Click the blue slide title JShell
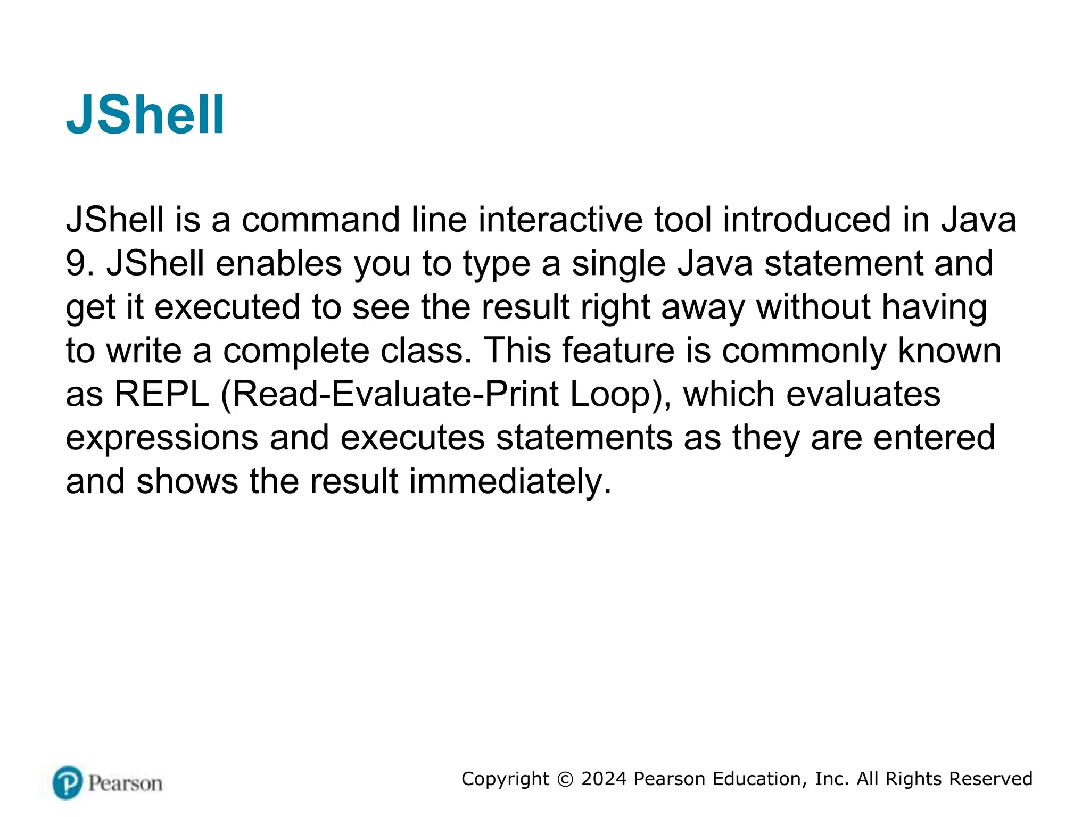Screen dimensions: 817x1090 (145, 115)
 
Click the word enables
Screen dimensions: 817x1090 (278, 263)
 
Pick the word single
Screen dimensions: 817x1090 (618, 264)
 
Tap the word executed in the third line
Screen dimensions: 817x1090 (228, 307)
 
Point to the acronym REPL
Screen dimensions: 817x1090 (162, 394)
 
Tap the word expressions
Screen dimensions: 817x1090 (162, 439)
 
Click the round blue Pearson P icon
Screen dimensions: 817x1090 (68, 783)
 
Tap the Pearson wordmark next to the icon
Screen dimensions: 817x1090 (125, 783)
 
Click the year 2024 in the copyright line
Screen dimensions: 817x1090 (604, 779)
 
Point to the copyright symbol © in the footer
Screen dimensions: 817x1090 (565, 779)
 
